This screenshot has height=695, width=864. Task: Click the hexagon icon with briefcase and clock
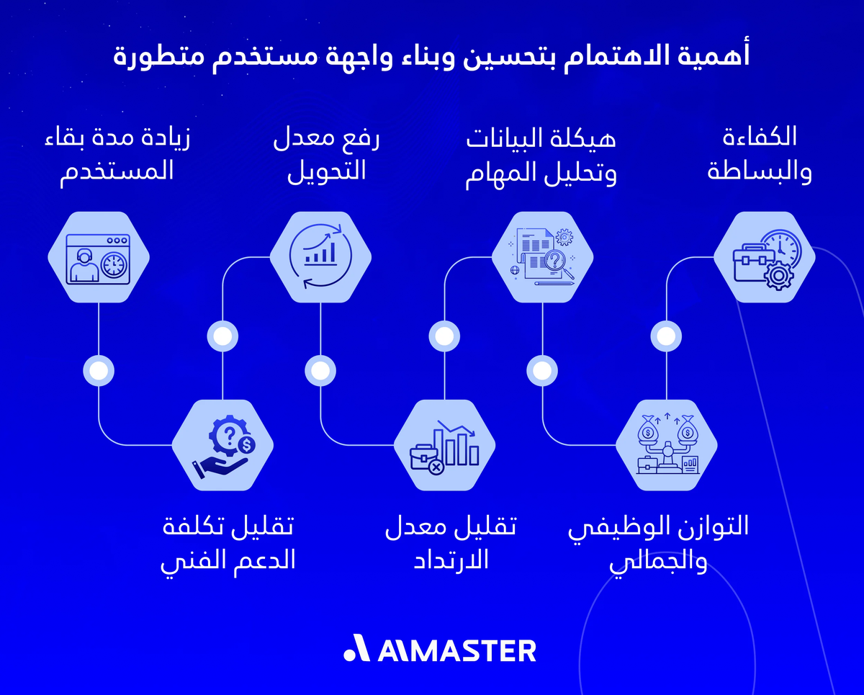(765, 257)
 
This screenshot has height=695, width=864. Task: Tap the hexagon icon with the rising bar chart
(321, 257)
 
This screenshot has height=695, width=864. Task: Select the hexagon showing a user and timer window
(99, 257)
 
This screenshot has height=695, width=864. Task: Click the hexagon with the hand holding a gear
(222, 446)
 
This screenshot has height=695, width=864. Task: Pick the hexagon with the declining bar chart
(445, 446)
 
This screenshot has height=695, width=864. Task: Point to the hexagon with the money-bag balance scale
(667, 446)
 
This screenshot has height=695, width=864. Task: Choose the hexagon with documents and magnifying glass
(543, 257)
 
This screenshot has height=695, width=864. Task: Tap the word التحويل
(327, 171)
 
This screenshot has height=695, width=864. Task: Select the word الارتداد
(451, 560)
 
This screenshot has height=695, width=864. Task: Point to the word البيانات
(504, 137)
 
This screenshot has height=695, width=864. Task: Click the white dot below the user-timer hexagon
(99, 370)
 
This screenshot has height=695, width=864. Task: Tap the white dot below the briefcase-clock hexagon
(667, 336)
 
